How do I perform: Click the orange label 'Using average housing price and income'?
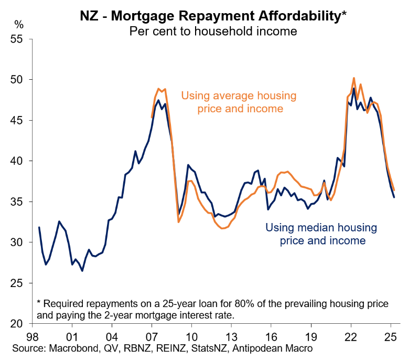coord(239,102)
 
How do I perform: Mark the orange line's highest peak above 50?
coord(353,78)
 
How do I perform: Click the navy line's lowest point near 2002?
coord(82,271)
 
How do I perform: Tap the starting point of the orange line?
coord(152,118)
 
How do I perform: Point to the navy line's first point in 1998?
coord(39,227)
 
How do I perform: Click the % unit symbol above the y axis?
coord(19,24)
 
